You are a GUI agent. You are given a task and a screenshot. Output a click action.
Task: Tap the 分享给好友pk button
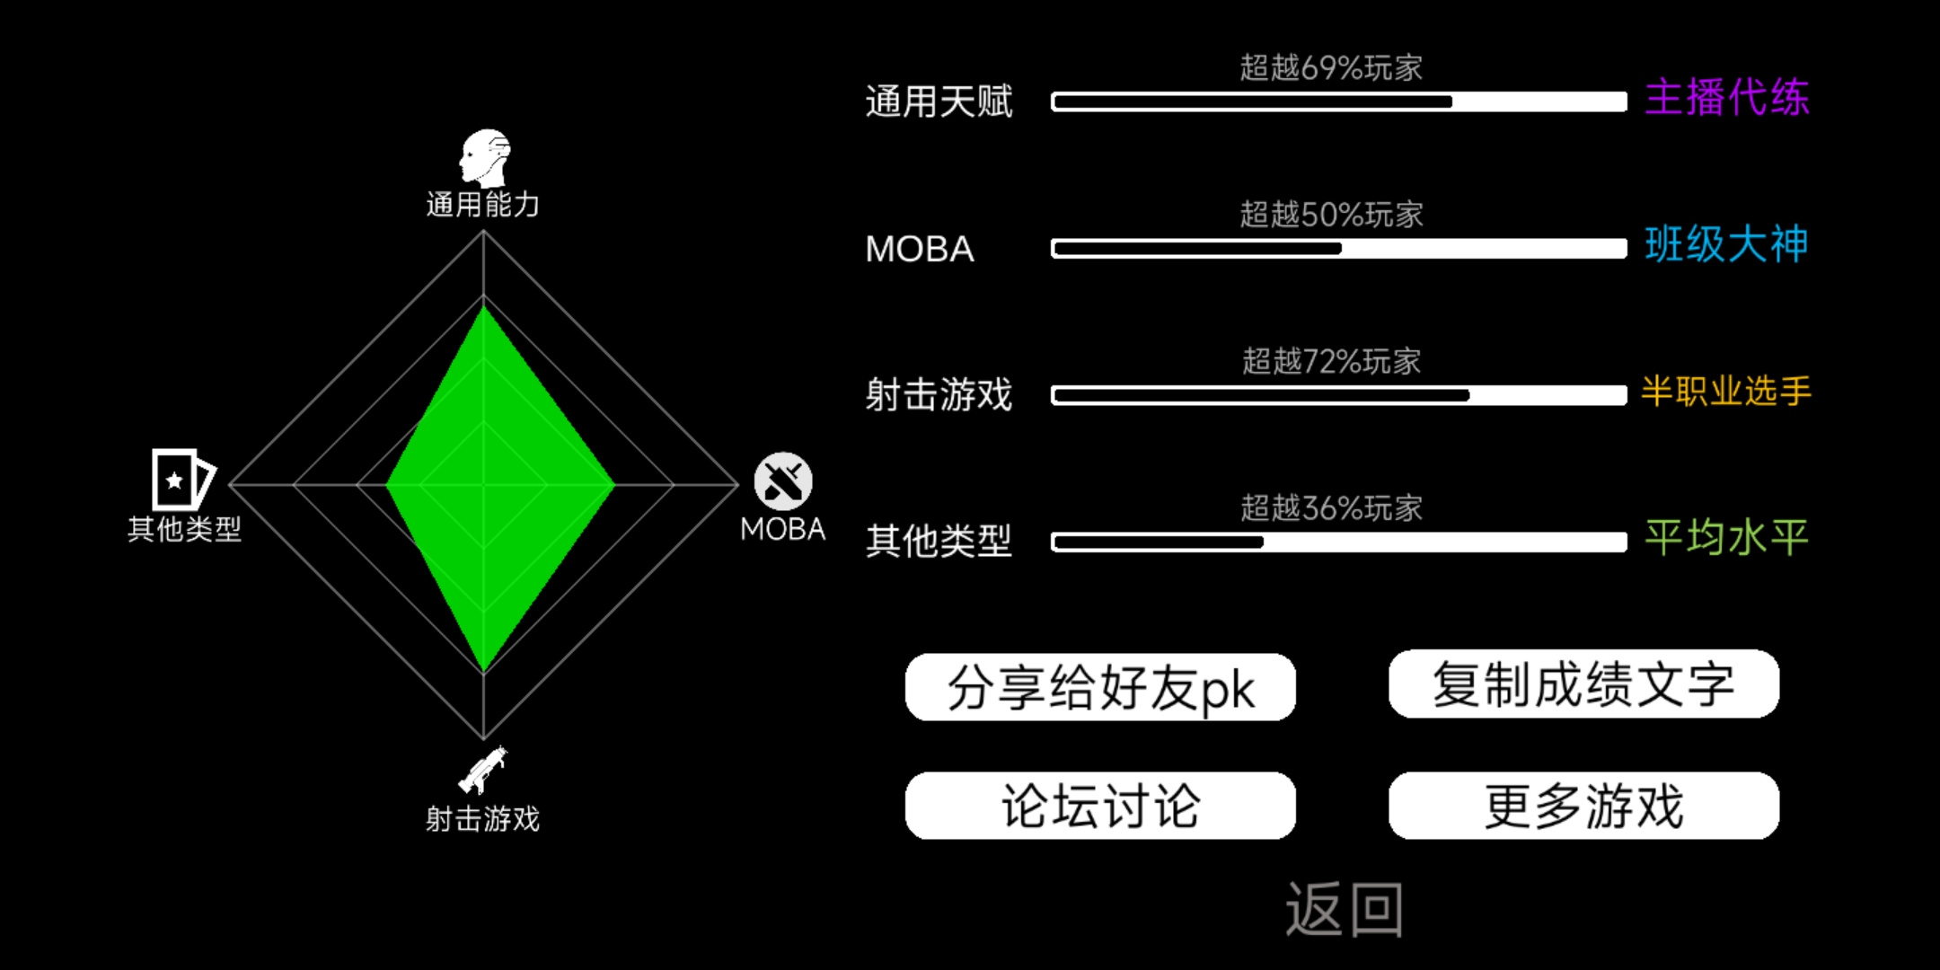click(x=1100, y=687)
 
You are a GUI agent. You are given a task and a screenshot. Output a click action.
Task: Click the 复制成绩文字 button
click(x=1583, y=684)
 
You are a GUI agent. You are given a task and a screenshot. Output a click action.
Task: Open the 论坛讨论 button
click(x=1100, y=806)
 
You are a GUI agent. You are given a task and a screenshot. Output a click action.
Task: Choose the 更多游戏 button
click(x=1583, y=806)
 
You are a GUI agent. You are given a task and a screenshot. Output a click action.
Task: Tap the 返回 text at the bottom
click(x=1345, y=909)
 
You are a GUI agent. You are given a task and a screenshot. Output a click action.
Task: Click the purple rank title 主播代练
click(x=1726, y=97)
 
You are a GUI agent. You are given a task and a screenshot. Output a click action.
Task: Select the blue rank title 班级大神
click(x=1726, y=244)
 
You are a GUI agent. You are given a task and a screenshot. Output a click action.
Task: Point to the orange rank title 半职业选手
click(x=1726, y=391)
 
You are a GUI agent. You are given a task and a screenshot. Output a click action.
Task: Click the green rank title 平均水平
click(x=1726, y=538)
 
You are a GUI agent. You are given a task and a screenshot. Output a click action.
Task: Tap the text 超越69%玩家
click(x=1331, y=67)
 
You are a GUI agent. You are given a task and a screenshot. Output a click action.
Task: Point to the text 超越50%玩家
click(x=1331, y=215)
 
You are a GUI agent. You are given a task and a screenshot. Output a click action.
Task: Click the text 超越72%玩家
click(x=1331, y=361)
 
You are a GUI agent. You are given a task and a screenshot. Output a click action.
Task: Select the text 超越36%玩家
click(x=1331, y=508)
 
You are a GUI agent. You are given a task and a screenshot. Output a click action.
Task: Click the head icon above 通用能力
click(x=485, y=158)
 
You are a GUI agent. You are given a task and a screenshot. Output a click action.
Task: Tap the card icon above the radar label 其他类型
click(x=182, y=480)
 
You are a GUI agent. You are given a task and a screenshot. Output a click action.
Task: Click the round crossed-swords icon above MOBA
click(x=783, y=481)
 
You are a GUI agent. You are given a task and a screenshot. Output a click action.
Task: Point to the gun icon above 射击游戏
click(x=483, y=771)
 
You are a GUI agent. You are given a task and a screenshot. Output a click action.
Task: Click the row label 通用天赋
click(x=939, y=101)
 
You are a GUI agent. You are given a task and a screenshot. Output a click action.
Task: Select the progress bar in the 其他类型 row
click(x=1339, y=542)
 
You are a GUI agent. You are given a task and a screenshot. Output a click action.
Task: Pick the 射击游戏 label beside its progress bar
click(x=939, y=395)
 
